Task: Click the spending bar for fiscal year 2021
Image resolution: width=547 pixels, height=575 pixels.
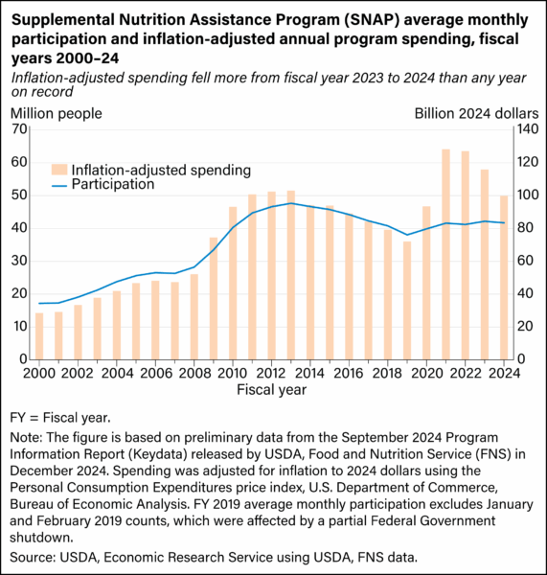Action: [446, 254]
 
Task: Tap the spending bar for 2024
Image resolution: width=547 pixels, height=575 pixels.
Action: [504, 277]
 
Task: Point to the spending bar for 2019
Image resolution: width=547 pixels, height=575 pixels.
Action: [407, 300]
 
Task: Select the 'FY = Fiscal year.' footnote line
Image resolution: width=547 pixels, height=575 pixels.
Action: [61, 417]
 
